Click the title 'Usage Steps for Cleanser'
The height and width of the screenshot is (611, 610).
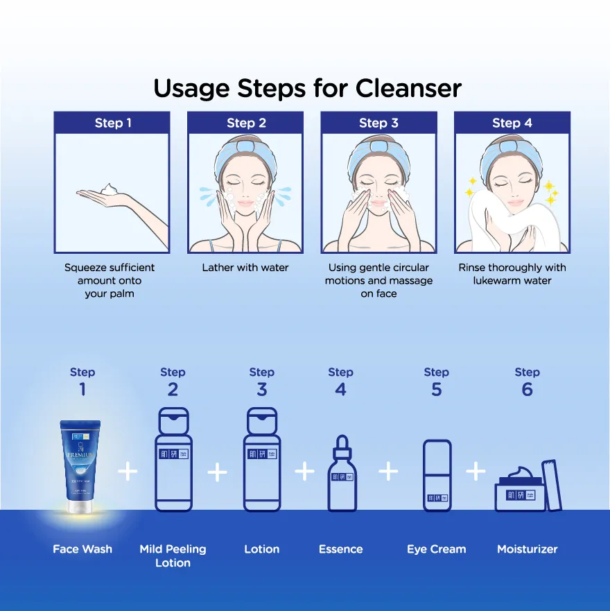pyautogui.click(x=307, y=89)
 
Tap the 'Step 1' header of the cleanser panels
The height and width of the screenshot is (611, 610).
pyautogui.click(x=113, y=123)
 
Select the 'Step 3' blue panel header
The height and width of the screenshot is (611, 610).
pyautogui.click(x=378, y=123)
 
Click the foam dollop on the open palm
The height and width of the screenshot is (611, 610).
pyautogui.click(x=109, y=189)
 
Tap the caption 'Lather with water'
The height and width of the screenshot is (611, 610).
pyautogui.click(x=245, y=268)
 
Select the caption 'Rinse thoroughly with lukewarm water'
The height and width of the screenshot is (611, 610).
pyautogui.click(x=512, y=274)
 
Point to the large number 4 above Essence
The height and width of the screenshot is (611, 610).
pyautogui.click(x=340, y=390)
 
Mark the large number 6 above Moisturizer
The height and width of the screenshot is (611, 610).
pyautogui.click(x=527, y=390)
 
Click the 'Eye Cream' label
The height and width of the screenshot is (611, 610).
pyautogui.click(x=436, y=549)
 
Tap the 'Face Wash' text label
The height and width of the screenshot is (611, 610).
pyautogui.click(x=82, y=549)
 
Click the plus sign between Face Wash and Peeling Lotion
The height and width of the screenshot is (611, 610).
pyautogui.click(x=128, y=472)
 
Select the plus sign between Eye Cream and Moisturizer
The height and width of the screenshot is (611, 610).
pyautogui.click(x=476, y=472)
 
